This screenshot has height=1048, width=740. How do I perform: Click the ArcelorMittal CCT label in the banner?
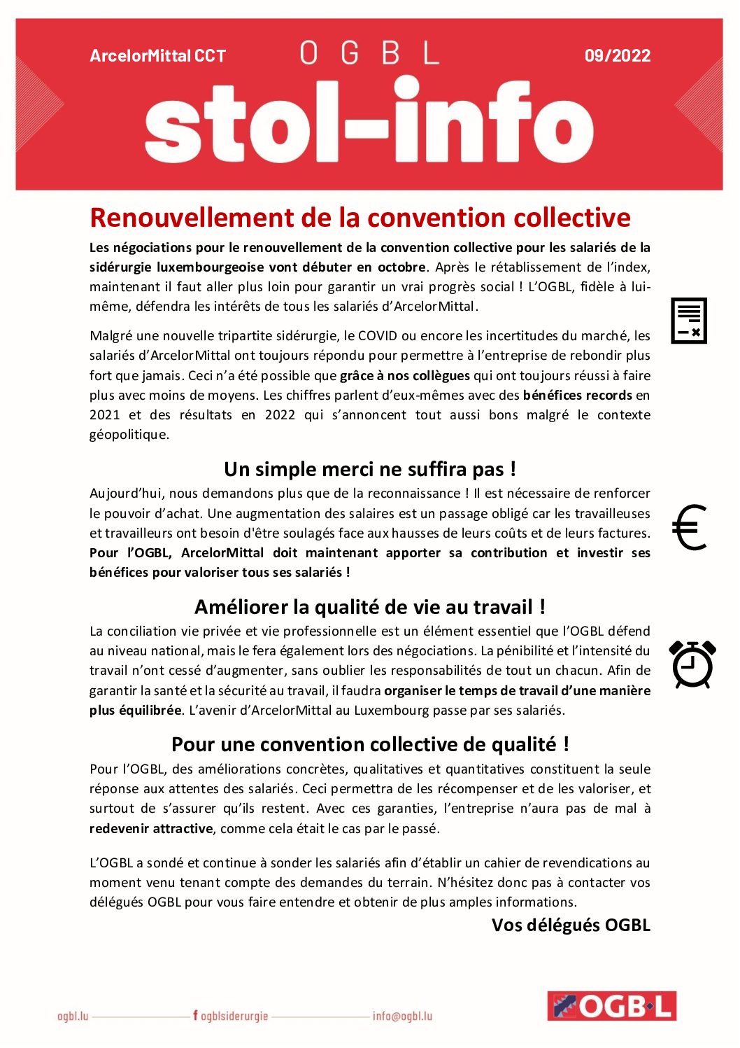[x=157, y=56]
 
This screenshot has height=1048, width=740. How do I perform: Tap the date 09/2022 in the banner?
[x=617, y=56]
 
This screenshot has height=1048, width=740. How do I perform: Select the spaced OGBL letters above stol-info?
[x=369, y=53]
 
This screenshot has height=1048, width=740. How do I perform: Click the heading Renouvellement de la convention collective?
[x=360, y=218]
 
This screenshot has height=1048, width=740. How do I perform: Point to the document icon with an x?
[x=689, y=321]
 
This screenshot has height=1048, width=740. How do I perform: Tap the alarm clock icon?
[x=692, y=664]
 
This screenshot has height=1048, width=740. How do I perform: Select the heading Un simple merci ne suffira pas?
[x=369, y=469]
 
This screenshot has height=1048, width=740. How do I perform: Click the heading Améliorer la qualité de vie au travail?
[x=369, y=607]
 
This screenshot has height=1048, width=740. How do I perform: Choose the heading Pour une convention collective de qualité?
[x=369, y=744]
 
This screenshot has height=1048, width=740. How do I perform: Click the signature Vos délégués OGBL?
[x=570, y=925]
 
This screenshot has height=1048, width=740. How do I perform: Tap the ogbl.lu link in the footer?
[x=73, y=1016]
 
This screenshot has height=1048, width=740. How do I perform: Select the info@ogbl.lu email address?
[x=402, y=1016]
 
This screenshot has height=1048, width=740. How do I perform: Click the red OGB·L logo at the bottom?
[x=611, y=1006]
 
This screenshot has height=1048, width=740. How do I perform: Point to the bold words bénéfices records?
[x=577, y=395]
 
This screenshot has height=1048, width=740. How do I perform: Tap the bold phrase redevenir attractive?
[x=151, y=828]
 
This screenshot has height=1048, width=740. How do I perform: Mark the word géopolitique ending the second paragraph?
[x=129, y=434]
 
